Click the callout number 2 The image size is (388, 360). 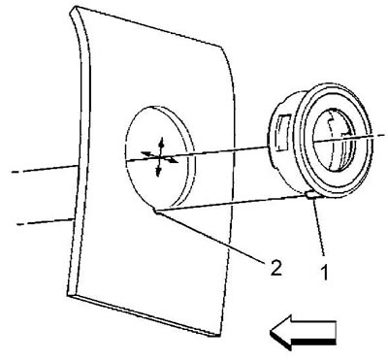pos(275,267)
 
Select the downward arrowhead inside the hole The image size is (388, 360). pos(158,172)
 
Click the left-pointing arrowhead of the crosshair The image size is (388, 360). pos(145,153)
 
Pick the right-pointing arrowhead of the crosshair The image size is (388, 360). pos(174,160)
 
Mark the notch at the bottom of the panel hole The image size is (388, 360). pos(156,211)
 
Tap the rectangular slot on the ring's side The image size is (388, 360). pos(281,133)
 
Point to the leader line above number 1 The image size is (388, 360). pos(318,226)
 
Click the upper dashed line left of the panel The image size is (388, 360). pos(44,169)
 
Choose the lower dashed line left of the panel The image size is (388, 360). pos(45,222)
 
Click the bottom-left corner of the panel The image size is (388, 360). pos(70,294)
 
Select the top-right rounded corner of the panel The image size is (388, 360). pos(223,49)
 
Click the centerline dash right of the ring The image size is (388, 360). pos(379,135)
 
